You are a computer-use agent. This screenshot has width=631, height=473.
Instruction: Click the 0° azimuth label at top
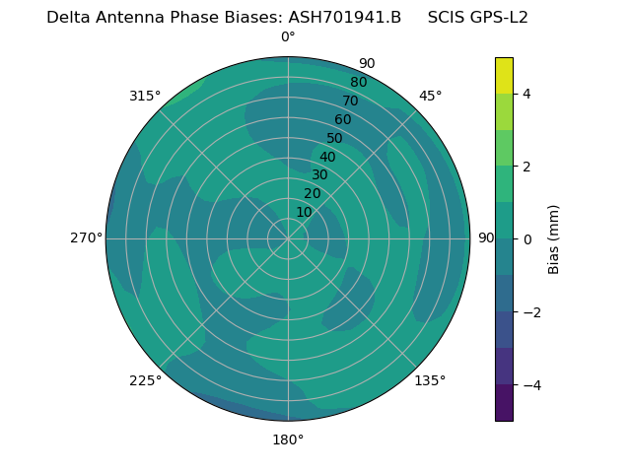pyautogui.click(x=288, y=37)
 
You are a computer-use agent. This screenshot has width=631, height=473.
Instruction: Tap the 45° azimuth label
pyautogui.click(x=430, y=96)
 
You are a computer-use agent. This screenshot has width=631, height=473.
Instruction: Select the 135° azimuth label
pyautogui.click(x=430, y=380)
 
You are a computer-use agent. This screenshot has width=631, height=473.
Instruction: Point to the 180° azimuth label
pyautogui.click(x=288, y=439)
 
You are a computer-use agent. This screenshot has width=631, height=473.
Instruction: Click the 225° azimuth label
pyautogui.click(x=145, y=380)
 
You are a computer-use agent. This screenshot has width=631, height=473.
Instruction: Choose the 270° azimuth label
pyautogui.click(x=87, y=238)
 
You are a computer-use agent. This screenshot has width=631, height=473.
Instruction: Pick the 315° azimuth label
pyautogui.click(x=145, y=96)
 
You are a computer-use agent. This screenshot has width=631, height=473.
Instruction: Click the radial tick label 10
pyautogui.click(x=304, y=212)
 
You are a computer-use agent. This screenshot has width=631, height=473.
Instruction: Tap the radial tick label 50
pyautogui.click(x=334, y=139)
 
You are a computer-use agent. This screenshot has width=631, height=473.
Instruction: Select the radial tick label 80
pyautogui.click(x=358, y=83)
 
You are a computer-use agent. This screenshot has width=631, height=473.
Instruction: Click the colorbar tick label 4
pyautogui.click(x=527, y=94)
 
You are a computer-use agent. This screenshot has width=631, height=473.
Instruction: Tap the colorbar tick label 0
pyautogui.click(x=527, y=239)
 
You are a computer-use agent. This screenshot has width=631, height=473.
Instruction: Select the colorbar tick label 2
pyautogui.click(x=527, y=167)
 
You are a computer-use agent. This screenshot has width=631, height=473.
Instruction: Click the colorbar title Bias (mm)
pyautogui.click(x=554, y=239)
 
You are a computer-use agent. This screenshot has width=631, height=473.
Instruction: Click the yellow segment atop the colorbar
pyautogui.click(x=504, y=75)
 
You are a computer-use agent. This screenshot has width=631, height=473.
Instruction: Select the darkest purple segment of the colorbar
pyautogui.click(x=504, y=403)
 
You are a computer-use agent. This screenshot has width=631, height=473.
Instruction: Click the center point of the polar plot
pyautogui.click(x=288, y=238)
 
